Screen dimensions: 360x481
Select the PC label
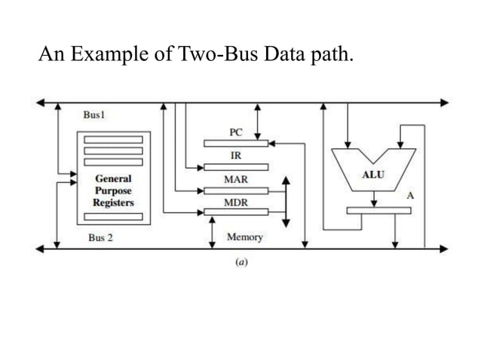pyautogui.click(x=235, y=132)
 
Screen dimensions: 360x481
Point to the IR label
pyautogui.click(x=235, y=155)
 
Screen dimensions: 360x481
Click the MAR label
pyautogui.click(x=235, y=180)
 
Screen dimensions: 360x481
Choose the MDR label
pyautogui.click(x=235, y=203)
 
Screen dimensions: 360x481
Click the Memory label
pyautogui.click(x=245, y=237)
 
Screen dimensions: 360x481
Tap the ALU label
pyautogui.click(x=373, y=175)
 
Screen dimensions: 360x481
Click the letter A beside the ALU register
pyautogui.click(x=410, y=195)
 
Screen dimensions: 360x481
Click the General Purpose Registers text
pyautogui.click(x=112, y=191)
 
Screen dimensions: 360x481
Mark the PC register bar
pyautogui.click(x=235, y=142)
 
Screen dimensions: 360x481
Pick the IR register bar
pyautogui.click(x=235, y=166)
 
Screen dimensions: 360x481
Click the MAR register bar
pyautogui.click(x=235, y=191)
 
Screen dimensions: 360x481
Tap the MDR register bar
pyautogui.click(x=235, y=212)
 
